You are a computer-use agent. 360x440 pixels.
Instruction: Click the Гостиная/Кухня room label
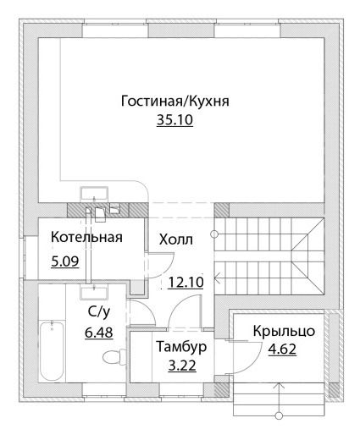coord(174,101)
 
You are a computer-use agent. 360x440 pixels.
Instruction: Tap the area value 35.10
coord(174,120)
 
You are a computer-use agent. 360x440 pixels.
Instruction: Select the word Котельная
coord(86,237)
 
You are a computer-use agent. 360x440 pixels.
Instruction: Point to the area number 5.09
coord(65,261)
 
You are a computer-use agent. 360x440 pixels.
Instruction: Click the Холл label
coord(176,239)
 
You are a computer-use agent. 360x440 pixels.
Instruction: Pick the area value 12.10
coord(186,283)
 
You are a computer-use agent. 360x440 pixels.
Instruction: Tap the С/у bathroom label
coord(98,312)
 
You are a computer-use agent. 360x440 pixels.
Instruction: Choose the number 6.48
coord(99,333)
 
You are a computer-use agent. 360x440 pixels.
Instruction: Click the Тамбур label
coord(182,347)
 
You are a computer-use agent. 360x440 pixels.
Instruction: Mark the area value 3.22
coord(182,366)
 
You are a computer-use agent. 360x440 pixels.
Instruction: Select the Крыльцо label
coord(284,331)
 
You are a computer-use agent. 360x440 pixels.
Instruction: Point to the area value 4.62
coord(282,349)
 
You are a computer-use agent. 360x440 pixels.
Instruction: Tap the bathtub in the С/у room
coord(52,350)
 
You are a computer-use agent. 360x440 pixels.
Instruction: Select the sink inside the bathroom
coord(94,292)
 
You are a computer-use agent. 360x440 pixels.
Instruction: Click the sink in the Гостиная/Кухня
coord(94,194)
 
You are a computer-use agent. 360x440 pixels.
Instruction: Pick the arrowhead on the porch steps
coord(280,386)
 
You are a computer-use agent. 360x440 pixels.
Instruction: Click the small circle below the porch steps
coord(280,415)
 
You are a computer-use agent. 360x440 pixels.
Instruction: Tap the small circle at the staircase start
coord(214,234)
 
